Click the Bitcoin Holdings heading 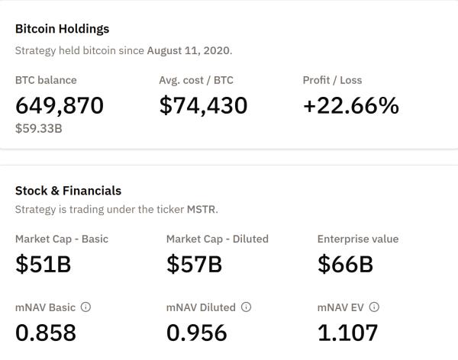coord(62,29)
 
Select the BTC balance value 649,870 coord(59,105)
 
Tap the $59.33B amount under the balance coord(38,129)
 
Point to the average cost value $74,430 coord(203,105)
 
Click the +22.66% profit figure coord(350,105)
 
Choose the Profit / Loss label coord(332,80)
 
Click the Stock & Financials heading coord(68,191)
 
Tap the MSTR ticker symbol coord(202,209)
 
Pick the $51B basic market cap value coord(43,264)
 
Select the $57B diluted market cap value coord(194,264)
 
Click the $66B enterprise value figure coord(345,264)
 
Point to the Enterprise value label coord(358,239)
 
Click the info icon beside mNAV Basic coord(85,307)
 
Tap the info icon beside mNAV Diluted coord(246,307)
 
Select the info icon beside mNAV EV coord(374,307)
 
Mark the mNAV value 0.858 coord(46,333)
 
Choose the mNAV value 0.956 coord(196,333)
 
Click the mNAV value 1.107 coord(347,333)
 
